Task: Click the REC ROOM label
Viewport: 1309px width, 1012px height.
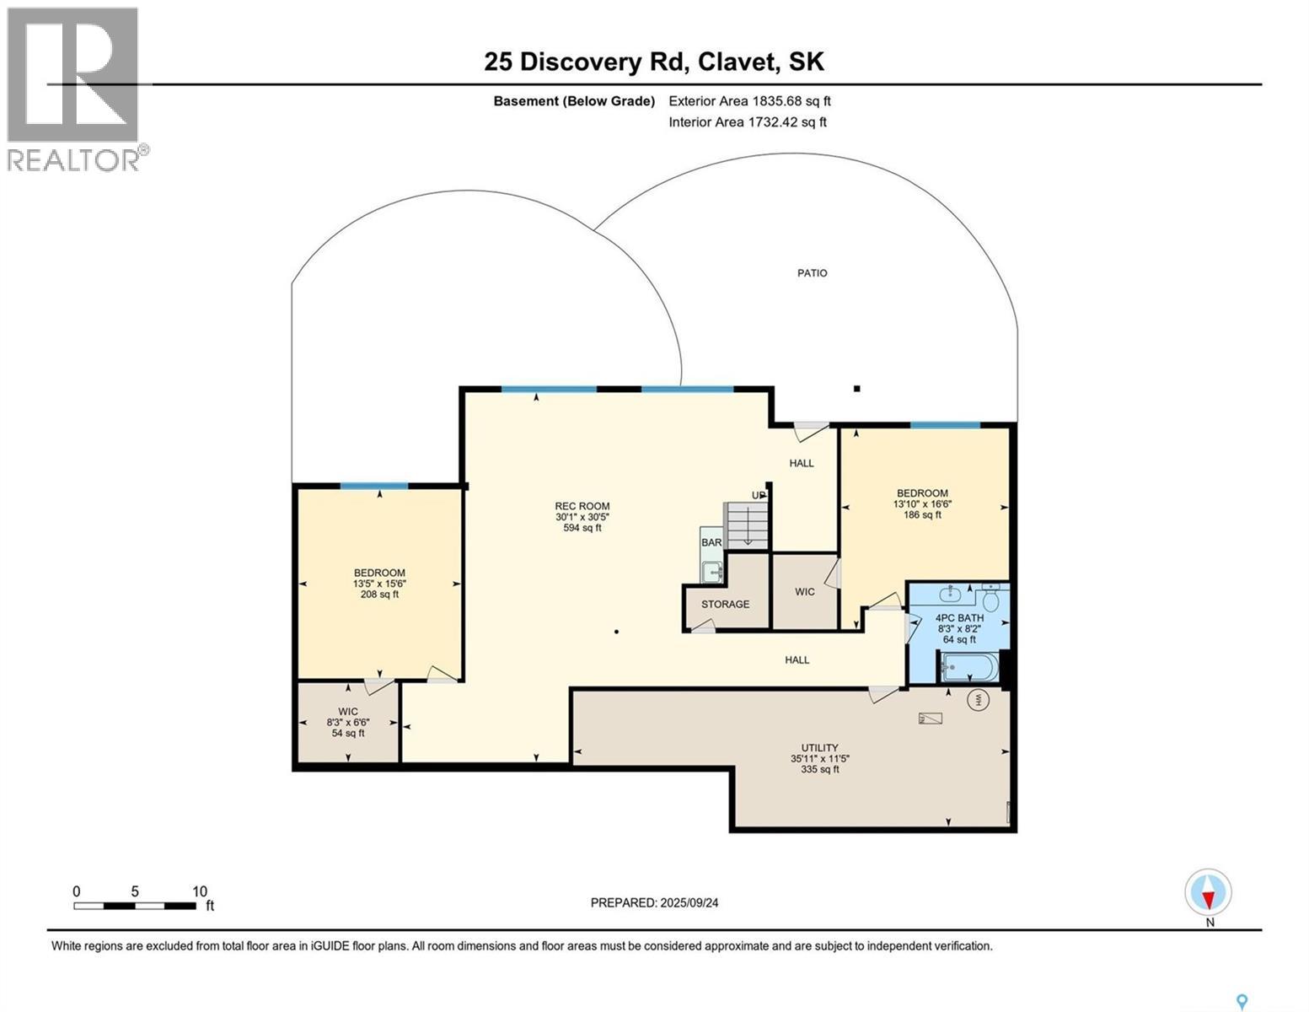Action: (x=582, y=506)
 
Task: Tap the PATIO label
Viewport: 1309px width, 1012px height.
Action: (x=812, y=273)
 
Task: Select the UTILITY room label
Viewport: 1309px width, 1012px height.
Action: (x=819, y=747)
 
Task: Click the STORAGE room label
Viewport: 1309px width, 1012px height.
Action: (x=725, y=604)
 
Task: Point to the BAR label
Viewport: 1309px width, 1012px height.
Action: (x=711, y=542)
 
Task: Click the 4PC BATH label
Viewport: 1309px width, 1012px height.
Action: (x=959, y=618)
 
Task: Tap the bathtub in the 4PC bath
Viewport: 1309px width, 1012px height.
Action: (x=970, y=667)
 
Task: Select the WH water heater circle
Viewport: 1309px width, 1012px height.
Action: (x=979, y=700)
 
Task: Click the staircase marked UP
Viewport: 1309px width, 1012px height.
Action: (x=747, y=525)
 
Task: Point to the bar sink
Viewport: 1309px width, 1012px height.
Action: (x=713, y=571)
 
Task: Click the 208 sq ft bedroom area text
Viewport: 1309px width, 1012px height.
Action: (x=379, y=595)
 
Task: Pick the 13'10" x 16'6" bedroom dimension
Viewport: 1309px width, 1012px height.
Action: (x=922, y=503)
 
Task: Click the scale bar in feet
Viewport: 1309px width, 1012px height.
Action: (x=135, y=906)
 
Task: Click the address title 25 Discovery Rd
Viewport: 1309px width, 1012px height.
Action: (x=653, y=62)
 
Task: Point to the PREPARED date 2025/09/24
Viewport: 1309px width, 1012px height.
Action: (x=654, y=902)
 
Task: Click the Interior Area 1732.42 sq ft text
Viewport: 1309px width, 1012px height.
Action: (x=747, y=122)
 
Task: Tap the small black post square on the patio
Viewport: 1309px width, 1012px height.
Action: (x=856, y=389)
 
